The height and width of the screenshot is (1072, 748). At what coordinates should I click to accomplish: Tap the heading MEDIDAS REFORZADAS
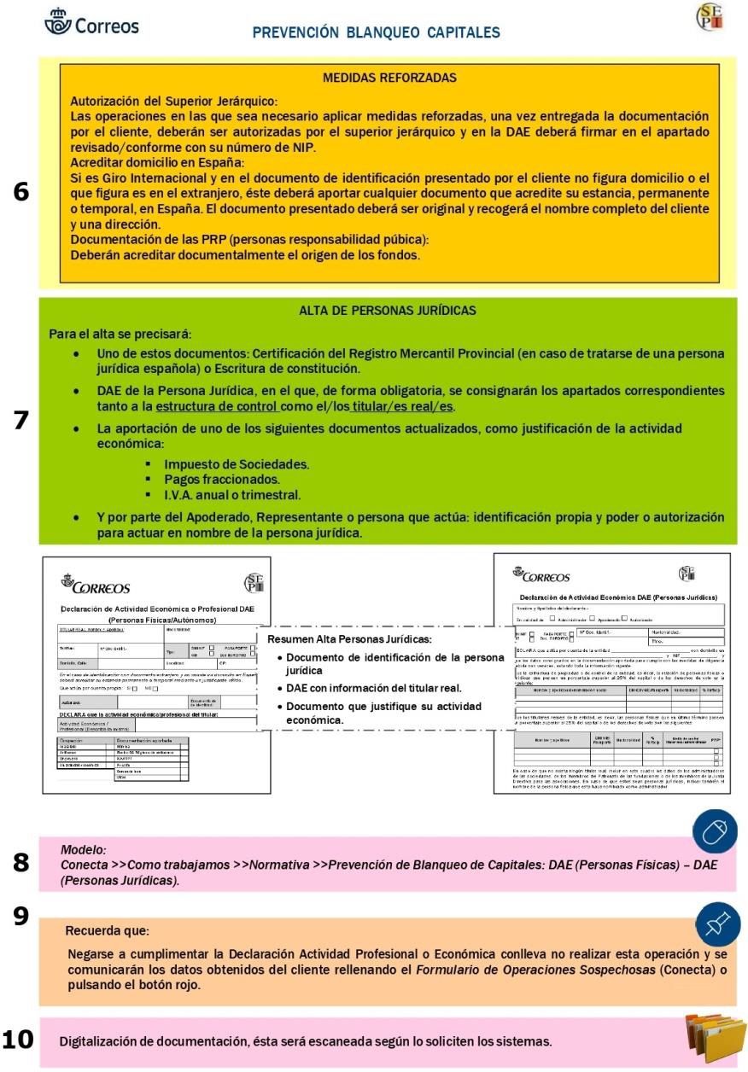[x=389, y=78]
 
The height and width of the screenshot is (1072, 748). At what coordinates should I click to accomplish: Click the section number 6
[x=19, y=191]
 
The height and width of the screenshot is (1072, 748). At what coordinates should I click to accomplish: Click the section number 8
[x=19, y=862]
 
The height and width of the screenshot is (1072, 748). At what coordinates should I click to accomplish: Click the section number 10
[x=19, y=1040]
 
